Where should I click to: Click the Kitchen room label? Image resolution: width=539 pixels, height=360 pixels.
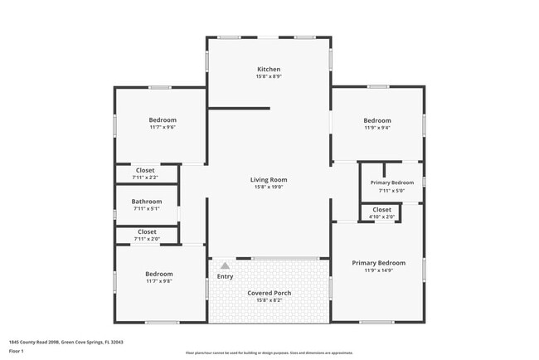(269, 69)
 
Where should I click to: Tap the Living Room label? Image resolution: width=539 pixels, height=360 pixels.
(269, 179)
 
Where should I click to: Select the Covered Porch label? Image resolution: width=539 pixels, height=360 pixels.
(269, 293)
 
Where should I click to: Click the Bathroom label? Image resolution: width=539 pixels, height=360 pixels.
(147, 202)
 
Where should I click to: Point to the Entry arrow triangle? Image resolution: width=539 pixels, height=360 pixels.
(224, 265)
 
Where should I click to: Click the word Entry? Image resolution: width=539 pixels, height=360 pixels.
(225, 276)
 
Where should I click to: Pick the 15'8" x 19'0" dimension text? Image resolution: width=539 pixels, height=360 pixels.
(269, 187)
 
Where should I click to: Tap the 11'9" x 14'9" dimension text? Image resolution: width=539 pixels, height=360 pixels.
(378, 270)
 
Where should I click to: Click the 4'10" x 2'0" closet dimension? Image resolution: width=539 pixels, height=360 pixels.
(381, 217)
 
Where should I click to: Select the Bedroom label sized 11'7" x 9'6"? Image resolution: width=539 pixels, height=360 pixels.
(162, 119)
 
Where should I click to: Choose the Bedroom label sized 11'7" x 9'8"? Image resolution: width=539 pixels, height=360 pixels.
(159, 274)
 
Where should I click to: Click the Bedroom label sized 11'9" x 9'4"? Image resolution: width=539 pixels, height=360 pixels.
(377, 119)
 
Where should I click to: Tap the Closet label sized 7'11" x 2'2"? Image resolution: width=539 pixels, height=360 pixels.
(146, 170)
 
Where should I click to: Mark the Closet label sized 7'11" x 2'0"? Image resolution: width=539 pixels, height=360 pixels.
(147, 231)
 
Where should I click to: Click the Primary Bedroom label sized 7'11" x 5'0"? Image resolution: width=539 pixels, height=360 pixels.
(391, 182)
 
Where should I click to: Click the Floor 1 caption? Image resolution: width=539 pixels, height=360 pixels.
(17, 351)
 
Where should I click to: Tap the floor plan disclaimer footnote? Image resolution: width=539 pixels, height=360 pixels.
(269, 353)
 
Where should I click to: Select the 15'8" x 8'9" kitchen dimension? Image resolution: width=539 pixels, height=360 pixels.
(269, 76)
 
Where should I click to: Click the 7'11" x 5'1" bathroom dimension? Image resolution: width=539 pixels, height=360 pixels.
(147, 209)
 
